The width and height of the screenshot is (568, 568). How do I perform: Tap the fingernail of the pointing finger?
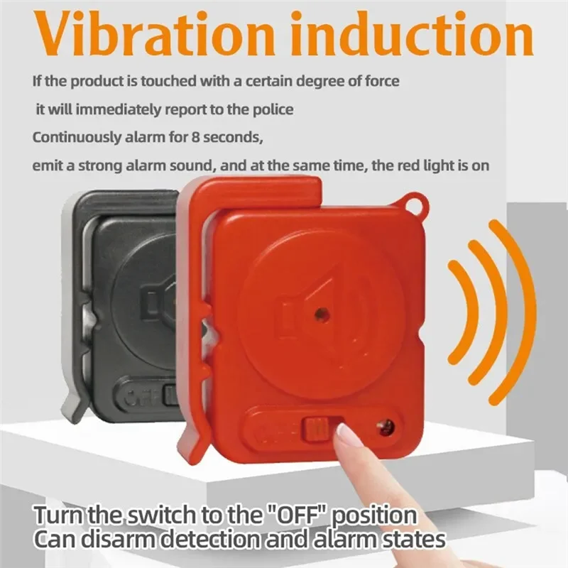[x=347, y=434]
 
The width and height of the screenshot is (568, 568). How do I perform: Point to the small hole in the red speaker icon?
[x=322, y=312]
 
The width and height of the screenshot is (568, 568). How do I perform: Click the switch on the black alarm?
[x=170, y=395]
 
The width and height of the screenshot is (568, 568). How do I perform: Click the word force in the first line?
[x=381, y=81]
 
